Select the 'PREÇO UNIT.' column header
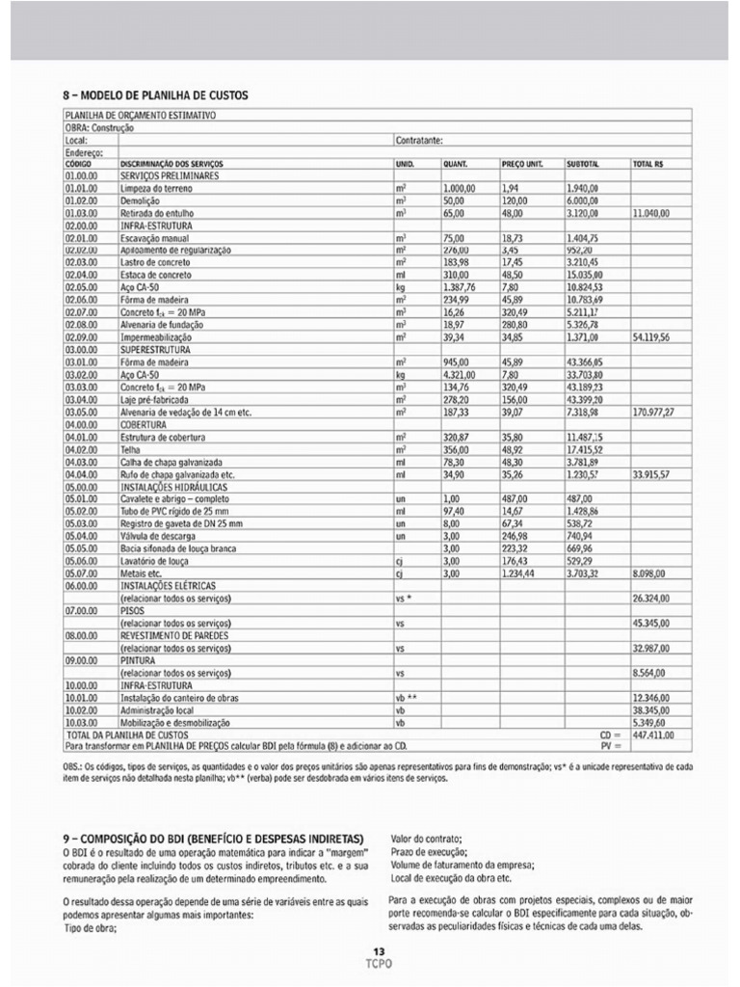[x=522, y=165]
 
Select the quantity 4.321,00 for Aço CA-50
[x=462, y=375]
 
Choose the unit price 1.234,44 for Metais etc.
[x=522, y=573]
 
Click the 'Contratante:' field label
[x=419, y=140]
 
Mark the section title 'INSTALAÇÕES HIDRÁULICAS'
[x=177, y=486]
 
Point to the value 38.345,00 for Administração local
[x=651, y=708]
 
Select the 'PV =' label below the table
[x=608, y=745]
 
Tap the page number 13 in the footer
[x=379, y=951]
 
